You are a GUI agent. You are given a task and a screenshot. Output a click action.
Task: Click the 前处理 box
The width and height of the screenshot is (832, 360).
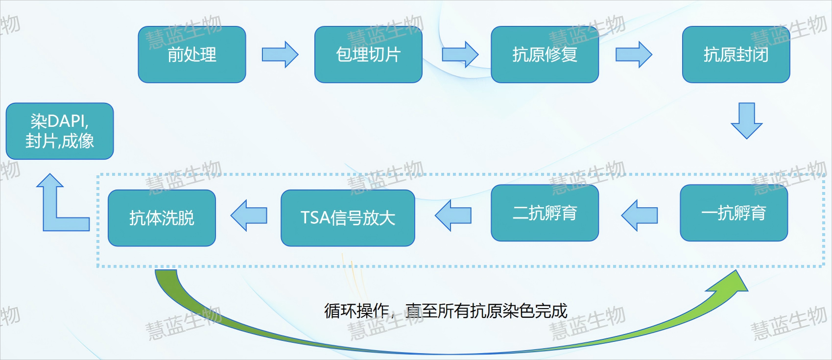click(x=191, y=55)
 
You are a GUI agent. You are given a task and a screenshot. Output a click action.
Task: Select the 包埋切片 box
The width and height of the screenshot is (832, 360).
click(x=368, y=55)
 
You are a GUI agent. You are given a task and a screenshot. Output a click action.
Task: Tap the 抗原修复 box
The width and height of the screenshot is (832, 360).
click(x=545, y=55)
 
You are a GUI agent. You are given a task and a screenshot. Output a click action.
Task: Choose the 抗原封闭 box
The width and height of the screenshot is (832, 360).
click(x=736, y=55)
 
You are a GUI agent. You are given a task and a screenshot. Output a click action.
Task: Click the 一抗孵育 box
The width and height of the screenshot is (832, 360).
click(x=734, y=213)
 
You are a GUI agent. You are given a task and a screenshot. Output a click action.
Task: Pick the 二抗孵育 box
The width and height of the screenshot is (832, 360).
click(x=545, y=213)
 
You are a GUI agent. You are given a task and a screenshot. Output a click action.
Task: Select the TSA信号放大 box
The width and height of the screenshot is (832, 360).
click(x=348, y=217)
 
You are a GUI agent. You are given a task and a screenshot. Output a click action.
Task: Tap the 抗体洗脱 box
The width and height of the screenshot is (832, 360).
click(x=162, y=217)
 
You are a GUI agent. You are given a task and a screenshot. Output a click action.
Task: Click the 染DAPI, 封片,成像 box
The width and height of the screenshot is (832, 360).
click(x=60, y=131)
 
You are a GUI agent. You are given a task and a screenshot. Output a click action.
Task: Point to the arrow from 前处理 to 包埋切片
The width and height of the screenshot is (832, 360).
click(x=280, y=55)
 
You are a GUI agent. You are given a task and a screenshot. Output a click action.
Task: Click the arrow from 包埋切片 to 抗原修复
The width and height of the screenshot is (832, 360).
click(x=460, y=55)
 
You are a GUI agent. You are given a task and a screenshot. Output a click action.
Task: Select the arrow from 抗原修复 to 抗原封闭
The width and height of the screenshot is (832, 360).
click(x=634, y=55)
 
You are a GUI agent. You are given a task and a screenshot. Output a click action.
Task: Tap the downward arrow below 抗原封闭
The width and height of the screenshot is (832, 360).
click(x=747, y=121)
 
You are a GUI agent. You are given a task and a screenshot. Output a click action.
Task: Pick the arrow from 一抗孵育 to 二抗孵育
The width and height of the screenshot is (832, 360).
click(x=639, y=216)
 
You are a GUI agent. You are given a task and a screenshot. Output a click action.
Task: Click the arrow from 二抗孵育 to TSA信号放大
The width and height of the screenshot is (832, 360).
click(x=453, y=216)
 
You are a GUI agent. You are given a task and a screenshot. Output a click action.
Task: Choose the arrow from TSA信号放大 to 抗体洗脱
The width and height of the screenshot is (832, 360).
click(x=248, y=216)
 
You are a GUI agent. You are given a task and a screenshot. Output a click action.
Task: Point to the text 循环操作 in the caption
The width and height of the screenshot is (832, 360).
click(x=357, y=311)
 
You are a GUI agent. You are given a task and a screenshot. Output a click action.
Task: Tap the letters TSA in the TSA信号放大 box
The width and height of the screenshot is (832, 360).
click(x=315, y=217)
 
